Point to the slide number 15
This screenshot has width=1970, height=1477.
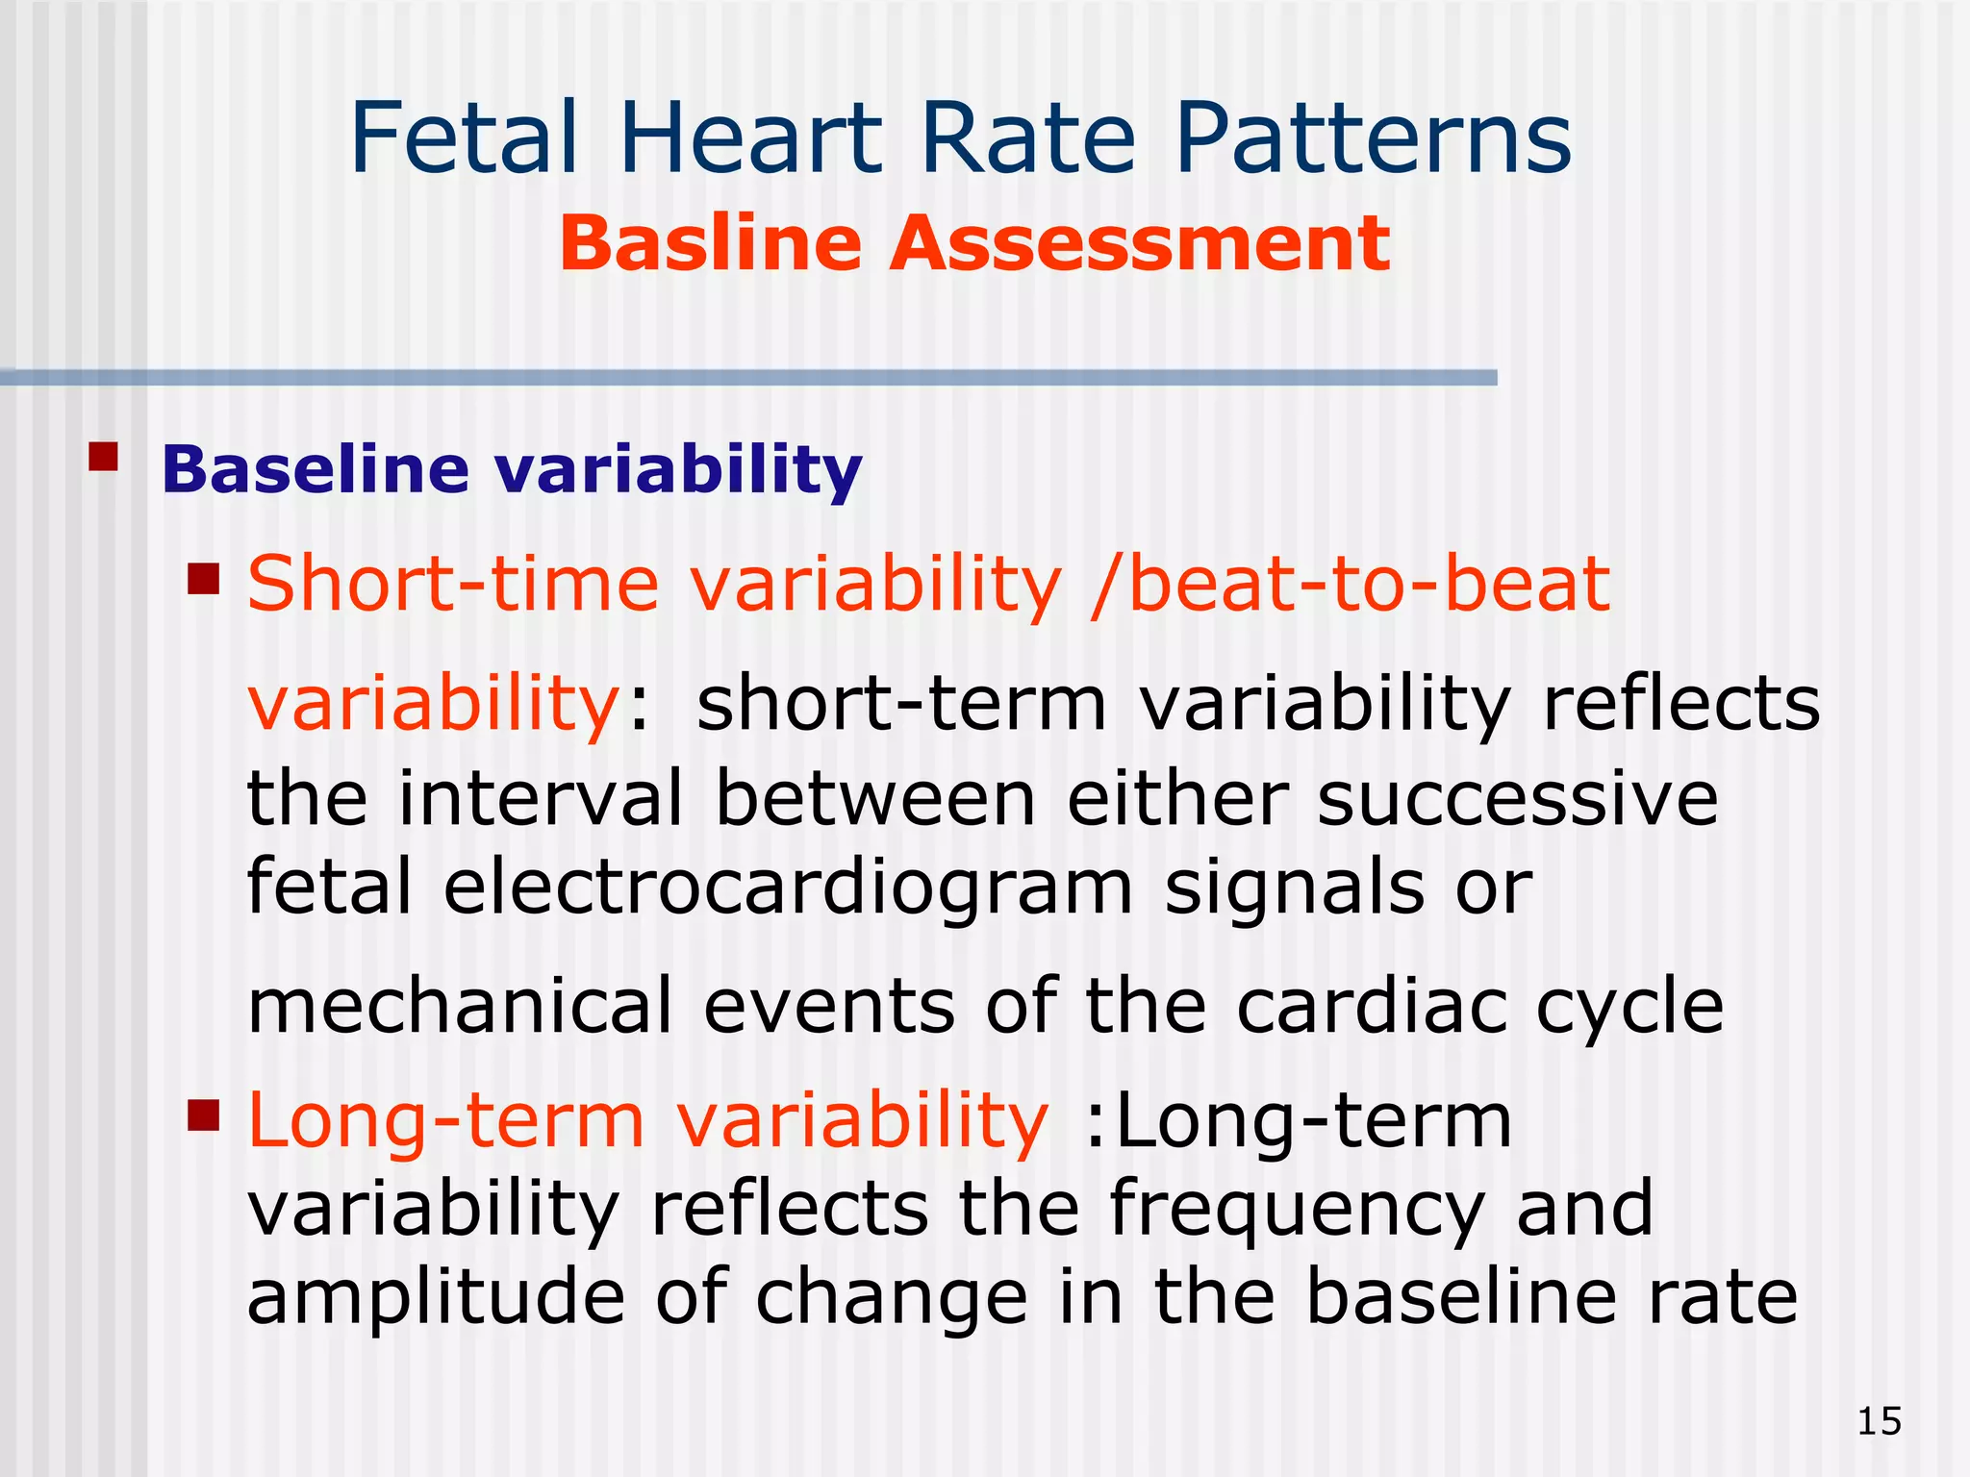click(1879, 1421)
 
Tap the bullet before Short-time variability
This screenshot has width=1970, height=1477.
click(204, 580)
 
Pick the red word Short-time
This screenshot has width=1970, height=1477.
click(453, 584)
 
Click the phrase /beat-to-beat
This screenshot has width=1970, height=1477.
click(1350, 584)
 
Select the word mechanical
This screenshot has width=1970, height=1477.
click(459, 1006)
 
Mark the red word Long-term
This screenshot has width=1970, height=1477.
click(445, 1121)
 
